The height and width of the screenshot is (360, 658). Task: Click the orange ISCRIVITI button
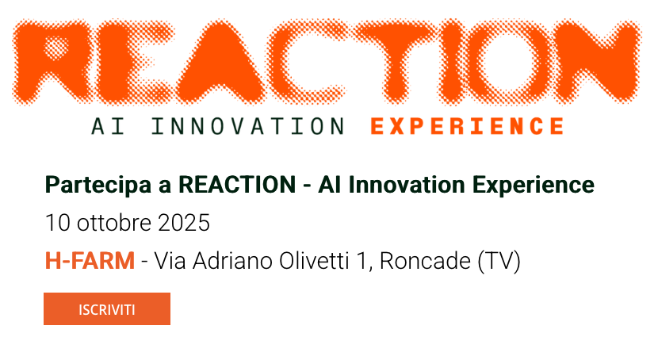[107, 308]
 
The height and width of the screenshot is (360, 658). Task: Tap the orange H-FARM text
[90, 261]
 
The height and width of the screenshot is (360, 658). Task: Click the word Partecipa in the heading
[98, 186]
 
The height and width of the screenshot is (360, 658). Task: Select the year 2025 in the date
[184, 222]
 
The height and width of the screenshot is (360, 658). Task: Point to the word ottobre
[113, 222]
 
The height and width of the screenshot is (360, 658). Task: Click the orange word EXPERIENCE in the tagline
[467, 126]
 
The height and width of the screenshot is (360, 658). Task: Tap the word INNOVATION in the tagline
[248, 126]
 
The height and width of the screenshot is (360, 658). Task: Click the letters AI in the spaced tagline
[109, 126]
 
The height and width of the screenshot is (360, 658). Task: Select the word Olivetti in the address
[314, 261]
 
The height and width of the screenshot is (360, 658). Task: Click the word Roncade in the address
[425, 261]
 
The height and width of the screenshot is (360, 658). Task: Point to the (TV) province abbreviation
[499, 261]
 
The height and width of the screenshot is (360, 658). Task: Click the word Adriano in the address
[232, 261]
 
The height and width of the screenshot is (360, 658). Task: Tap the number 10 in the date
[58, 222]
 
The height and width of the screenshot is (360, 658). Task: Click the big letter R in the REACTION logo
[52, 62]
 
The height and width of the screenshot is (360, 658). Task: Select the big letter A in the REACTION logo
[220, 63]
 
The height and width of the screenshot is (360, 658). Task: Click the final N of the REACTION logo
[598, 62]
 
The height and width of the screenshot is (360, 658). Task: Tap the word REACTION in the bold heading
[237, 185]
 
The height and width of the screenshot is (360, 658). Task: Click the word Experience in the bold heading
[534, 186]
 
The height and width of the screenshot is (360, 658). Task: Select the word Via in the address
[170, 261]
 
